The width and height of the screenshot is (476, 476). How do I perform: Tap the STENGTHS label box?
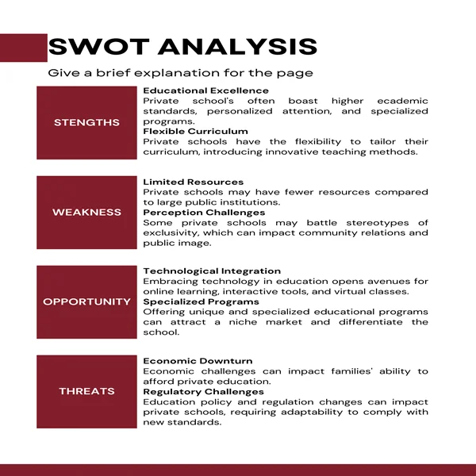(x=86, y=122)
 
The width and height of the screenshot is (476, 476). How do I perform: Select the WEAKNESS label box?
(x=86, y=212)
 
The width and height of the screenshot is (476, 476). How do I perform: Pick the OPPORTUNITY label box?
(x=86, y=301)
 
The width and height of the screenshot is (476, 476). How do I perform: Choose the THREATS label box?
(x=86, y=391)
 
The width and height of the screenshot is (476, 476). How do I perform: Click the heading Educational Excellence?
(x=205, y=91)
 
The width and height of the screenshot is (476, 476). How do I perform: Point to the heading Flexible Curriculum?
(x=195, y=132)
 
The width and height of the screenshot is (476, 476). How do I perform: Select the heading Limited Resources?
(x=193, y=182)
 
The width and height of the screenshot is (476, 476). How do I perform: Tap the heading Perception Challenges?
(x=204, y=213)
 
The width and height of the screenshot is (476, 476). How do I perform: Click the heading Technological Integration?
(x=212, y=271)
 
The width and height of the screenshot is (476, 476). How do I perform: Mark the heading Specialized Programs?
(x=201, y=302)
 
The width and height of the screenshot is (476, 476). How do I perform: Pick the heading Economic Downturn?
(x=198, y=361)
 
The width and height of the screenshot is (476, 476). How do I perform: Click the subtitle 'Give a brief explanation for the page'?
(x=180, y=73)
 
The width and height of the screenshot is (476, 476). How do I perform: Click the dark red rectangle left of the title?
(x=23, y=47)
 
